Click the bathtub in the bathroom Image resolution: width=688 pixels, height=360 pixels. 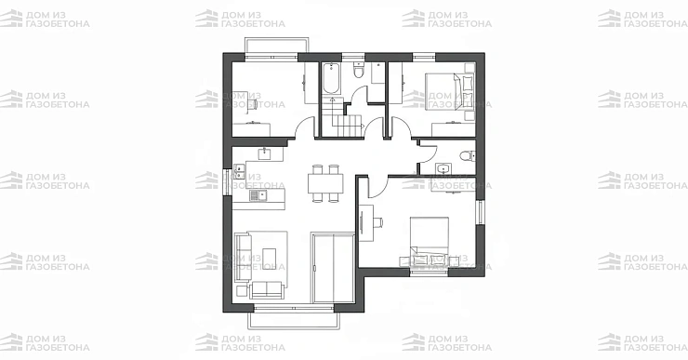point(330,78)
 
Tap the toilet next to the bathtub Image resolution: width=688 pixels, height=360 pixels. point(359,71)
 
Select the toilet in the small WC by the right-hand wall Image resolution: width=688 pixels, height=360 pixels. point(467,155)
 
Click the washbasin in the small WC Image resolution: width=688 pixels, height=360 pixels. point(443,168)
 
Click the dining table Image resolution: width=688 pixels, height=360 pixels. point(325,183)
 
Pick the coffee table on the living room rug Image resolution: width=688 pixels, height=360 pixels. point(269,259)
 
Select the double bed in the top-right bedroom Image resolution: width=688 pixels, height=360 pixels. point(449,91)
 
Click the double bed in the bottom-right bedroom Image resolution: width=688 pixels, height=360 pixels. point(430,241)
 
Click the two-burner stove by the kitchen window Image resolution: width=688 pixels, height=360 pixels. point(239,172)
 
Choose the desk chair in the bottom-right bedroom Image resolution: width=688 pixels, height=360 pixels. point(377,222)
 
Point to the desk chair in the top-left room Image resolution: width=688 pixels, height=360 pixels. point(252,103)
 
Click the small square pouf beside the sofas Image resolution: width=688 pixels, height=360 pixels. point(242,290)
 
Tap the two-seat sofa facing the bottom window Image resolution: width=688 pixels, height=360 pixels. point(266,289)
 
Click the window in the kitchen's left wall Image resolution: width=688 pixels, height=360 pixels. point(227,181)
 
